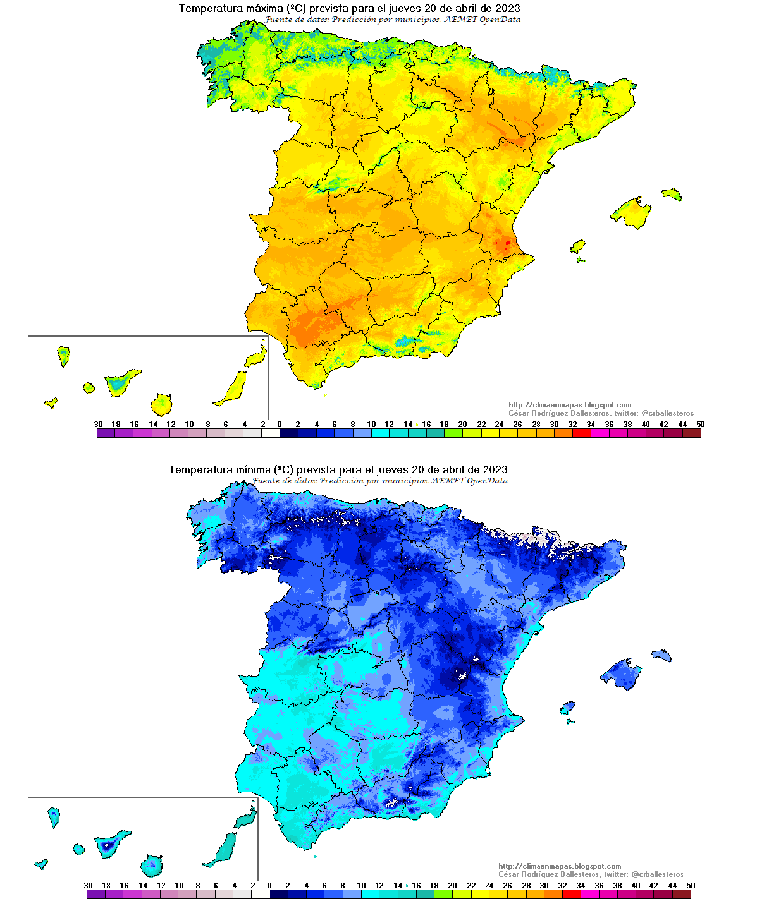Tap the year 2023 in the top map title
coord(507,8)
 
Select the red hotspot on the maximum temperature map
coord(507,243)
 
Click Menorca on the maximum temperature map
coord(672,193)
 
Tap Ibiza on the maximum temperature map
coord(577,246)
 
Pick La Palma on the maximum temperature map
coord(63,355)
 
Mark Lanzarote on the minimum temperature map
coord(247,818)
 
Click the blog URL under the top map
coord(569,405)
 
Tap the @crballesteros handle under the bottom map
coord(657,874)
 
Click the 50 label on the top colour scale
coord(700,425)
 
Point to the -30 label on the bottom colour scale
coord(87,886)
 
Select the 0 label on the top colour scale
coord(280,425)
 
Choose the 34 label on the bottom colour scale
coord(581,886)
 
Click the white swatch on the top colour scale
coord(270,433)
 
